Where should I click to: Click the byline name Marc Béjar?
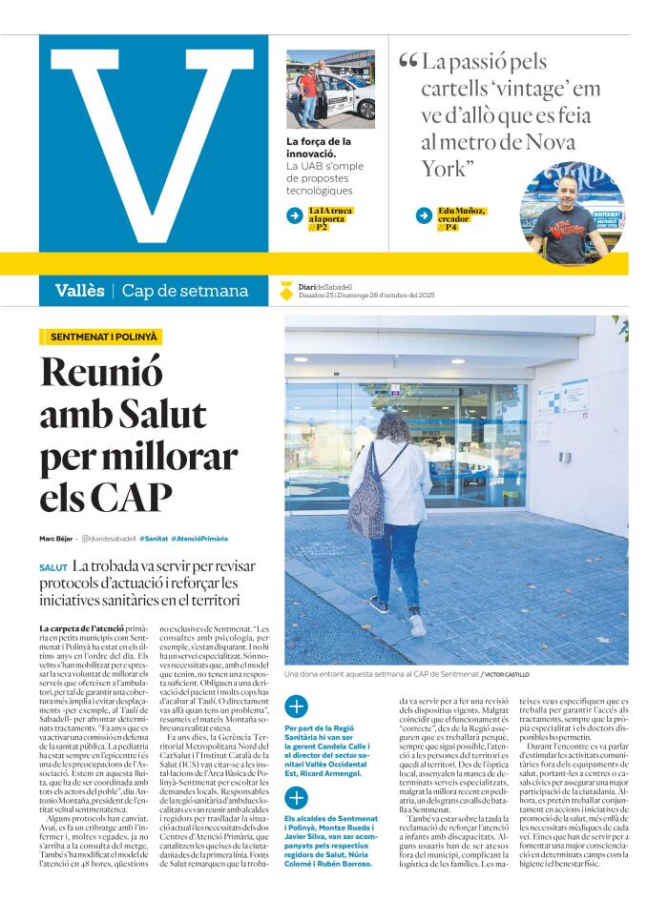pos(56,538)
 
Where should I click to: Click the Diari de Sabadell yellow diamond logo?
pos(287,291)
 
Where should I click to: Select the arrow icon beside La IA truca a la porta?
pos(295,215)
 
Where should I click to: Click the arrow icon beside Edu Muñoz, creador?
pos(424,215)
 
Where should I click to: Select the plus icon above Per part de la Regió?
pos(296,706)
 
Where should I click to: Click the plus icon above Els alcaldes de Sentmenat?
pos(296,798)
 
